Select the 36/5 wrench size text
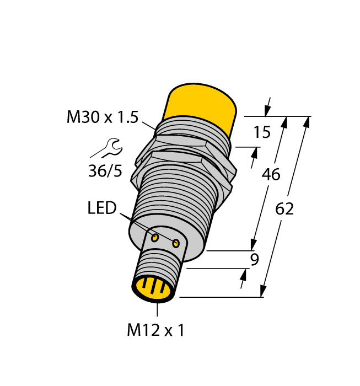(x=105, y=170)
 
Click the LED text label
(x=102, y=208)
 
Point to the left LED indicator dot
(x=155, y=238)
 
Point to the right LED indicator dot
(x=176, y=243)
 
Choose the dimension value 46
(x=270, y=175)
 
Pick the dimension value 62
(x=284, y=210)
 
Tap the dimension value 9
(x=255, y=259)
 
